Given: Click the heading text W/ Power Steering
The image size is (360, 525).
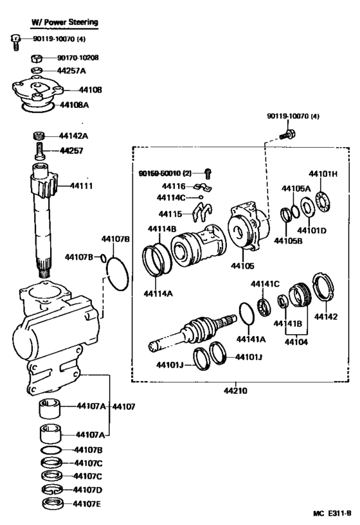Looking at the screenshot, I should [65, 22].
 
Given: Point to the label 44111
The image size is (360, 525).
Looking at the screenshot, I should [82, 186].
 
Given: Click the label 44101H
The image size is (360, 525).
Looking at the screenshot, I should [323, 174].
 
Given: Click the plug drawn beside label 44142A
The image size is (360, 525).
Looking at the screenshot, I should [40, 136].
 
